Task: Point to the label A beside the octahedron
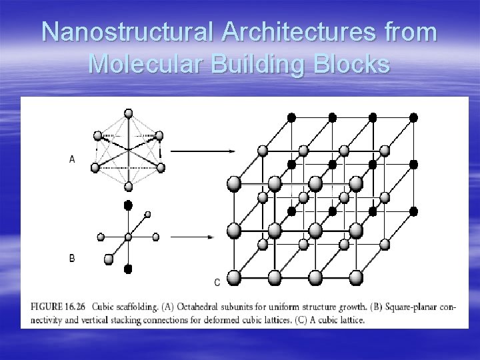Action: [x=72, y=159]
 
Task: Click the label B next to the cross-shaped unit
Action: [x=72, y=258]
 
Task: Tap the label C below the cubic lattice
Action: [x=217, y=283]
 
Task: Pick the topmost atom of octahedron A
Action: [x=129, y=113]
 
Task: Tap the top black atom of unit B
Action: [x=129, y=205]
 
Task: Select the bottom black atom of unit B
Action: [x=129, y=269]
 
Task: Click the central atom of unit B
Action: [x=129, y=237]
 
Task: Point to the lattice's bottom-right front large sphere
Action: [x=356, y=277]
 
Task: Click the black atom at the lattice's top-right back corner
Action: [x=413, y=117]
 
